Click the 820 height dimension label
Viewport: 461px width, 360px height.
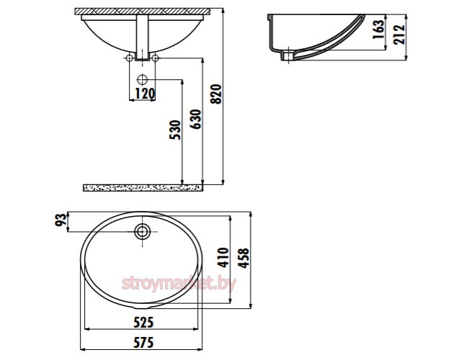tap(216, 94)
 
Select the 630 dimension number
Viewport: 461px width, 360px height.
tap(195, 119)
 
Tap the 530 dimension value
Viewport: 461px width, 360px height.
tap(175, 130)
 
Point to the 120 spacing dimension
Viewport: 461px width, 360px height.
tap(145, 94)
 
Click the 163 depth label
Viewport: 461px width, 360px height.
tap(378, 29)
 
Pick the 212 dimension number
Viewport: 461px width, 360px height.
tap(399, 35)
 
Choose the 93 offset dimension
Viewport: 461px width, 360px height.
tap(61, 220)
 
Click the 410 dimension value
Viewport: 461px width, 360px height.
tap(223, 258)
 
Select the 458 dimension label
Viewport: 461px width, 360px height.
tap(243, 258)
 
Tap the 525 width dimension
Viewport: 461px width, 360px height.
tap(143, 323)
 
